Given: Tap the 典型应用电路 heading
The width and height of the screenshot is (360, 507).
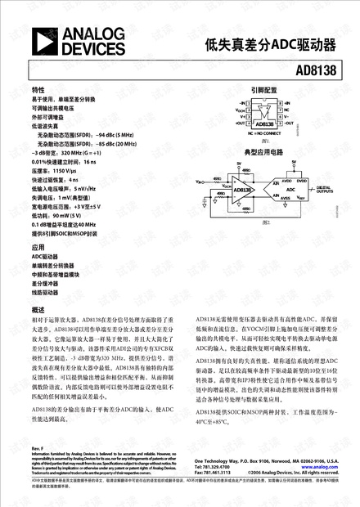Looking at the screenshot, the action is pos(263,152).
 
